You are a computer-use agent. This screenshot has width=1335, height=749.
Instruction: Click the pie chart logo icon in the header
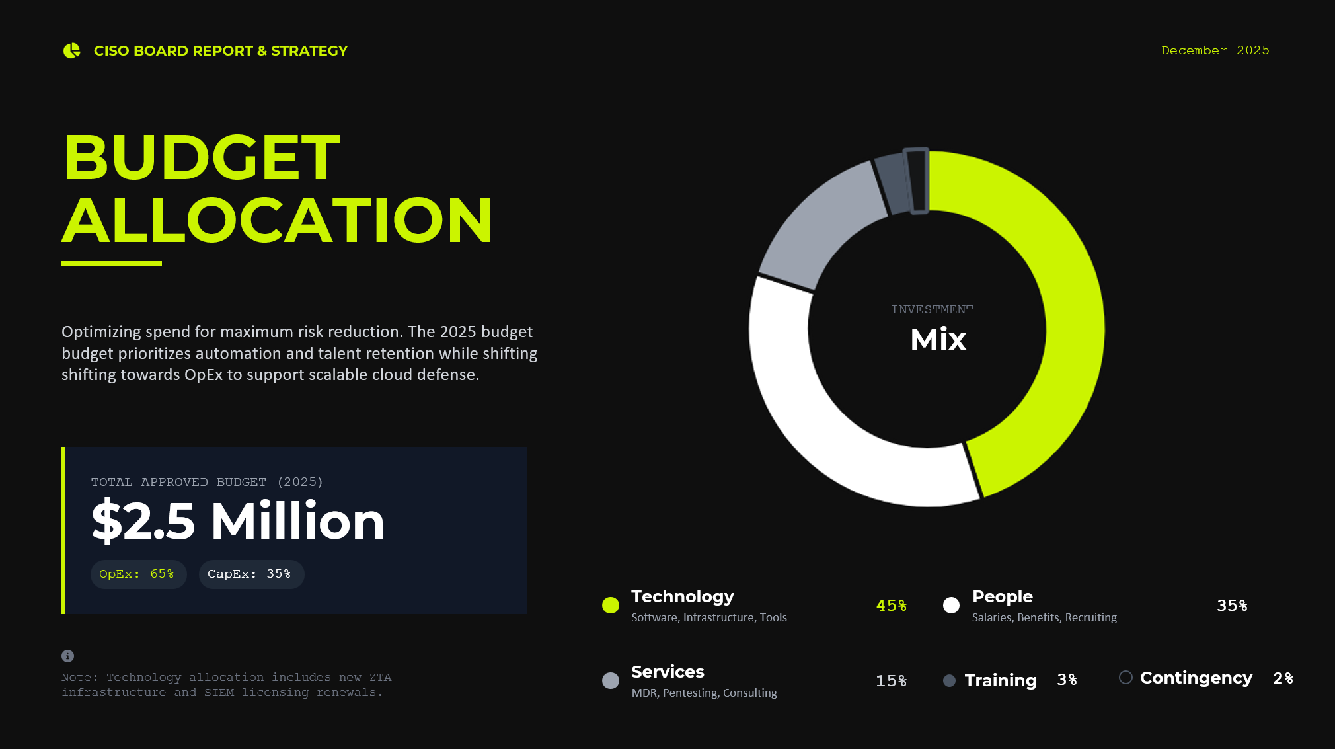click(71, 50)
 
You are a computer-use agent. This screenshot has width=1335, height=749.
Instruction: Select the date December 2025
click(1215, 50)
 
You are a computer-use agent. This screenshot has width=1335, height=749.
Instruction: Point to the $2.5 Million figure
click(238, 521)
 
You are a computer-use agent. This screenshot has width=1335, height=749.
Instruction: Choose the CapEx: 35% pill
click(251, 574)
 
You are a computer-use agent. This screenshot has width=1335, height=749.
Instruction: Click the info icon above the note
click(67, 656)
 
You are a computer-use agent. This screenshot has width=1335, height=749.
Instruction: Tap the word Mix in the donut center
click(938, 340)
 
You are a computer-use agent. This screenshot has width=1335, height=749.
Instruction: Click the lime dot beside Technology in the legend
click(611, 605)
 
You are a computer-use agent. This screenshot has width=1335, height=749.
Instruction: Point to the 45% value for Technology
click(891, 606)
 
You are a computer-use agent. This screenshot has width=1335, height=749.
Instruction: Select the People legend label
click(1003, 596)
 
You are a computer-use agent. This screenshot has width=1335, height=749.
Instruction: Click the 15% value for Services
click(891, 681)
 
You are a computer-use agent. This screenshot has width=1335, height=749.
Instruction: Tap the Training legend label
click(1001, 680)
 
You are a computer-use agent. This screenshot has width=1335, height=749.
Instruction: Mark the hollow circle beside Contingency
click(1125, 677)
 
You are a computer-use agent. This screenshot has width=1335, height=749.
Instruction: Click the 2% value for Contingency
click(1283, 678)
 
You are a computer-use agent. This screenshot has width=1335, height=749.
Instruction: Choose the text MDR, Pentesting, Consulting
click(705, 693)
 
